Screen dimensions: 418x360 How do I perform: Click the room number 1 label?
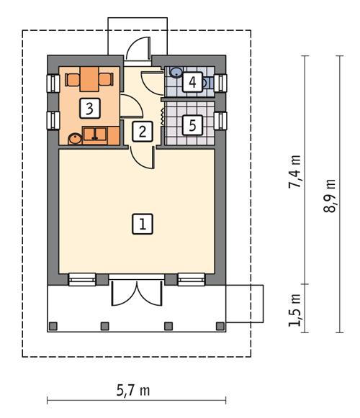point(142,224)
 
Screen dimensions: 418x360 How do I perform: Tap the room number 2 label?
point(142,131)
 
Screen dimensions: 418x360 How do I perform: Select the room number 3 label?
point(89,108)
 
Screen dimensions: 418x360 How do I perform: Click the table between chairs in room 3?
point(89,78)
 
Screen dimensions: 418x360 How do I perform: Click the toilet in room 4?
point(207,83)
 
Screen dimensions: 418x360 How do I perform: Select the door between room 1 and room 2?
point(142,155)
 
